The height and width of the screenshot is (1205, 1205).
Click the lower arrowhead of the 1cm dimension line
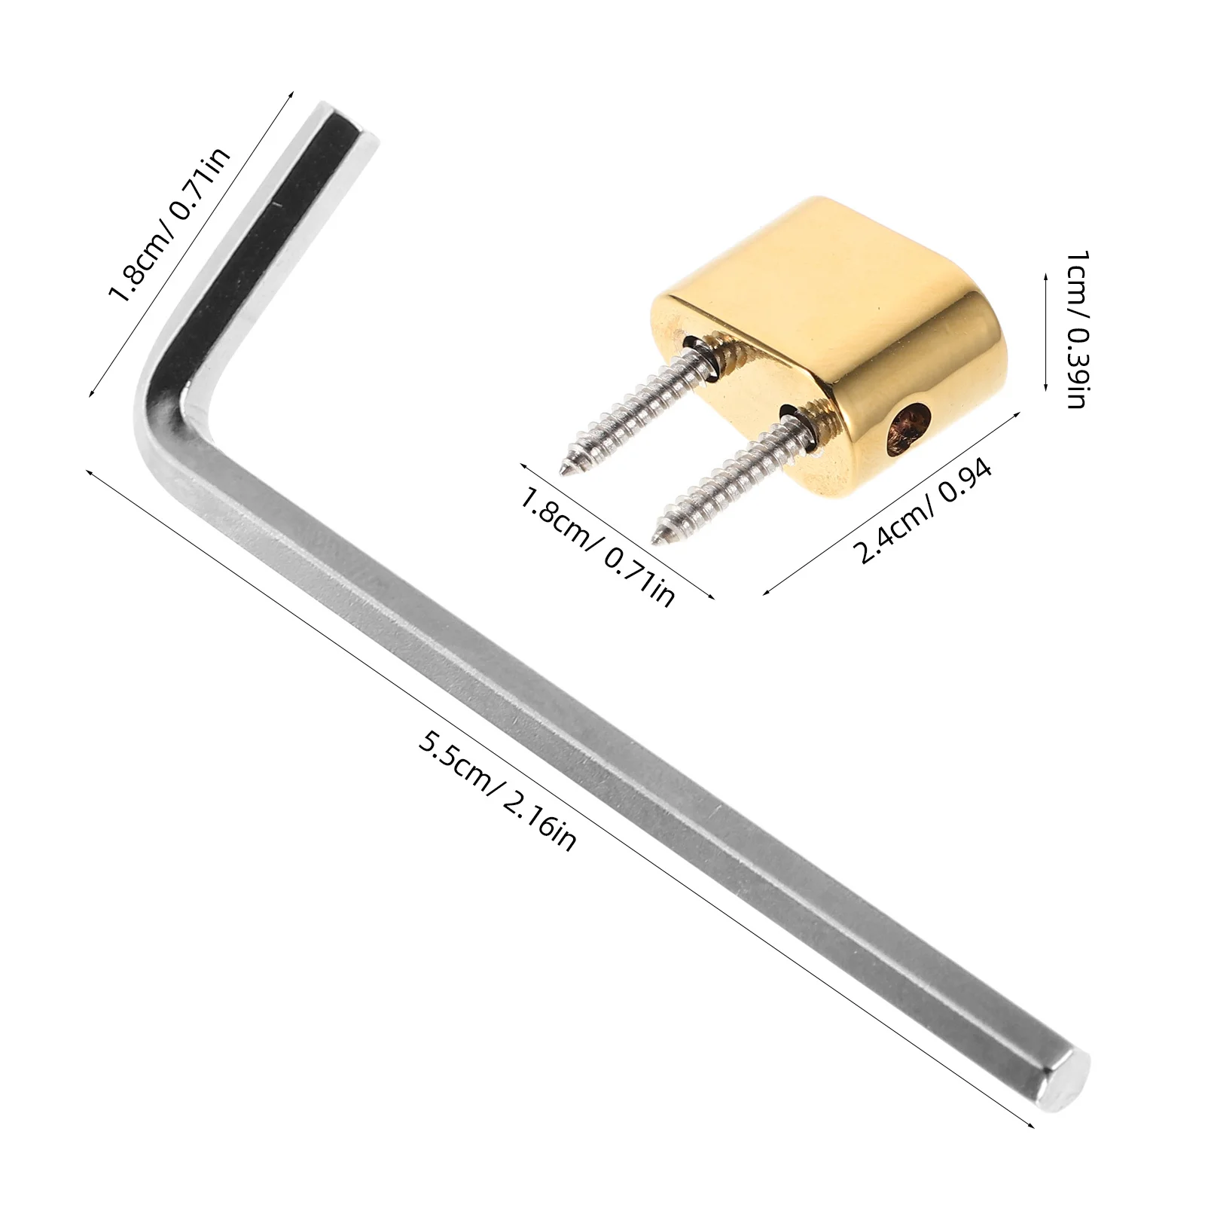point(1046,387)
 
